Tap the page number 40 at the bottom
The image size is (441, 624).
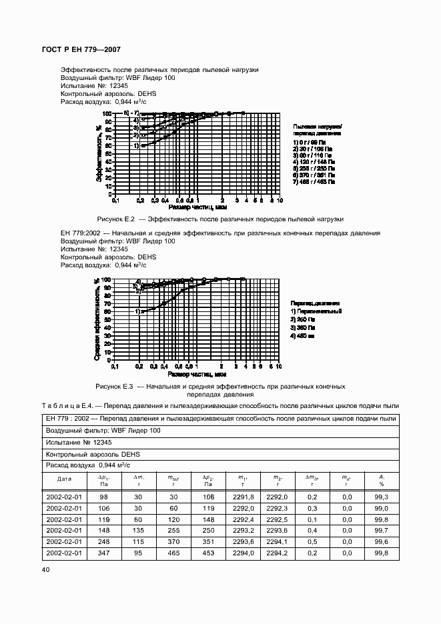point(45,569)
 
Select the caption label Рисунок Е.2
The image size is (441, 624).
point(116,219)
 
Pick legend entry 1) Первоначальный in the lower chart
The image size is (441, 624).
point(316,311)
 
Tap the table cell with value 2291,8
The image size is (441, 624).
point(242,496)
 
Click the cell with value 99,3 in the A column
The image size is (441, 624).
point(382,496)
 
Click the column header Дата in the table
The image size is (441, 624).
point(64,479)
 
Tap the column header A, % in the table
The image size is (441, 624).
point(382,481)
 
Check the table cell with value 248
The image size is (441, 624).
point(103,541)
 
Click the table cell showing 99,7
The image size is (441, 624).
point(382,530)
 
